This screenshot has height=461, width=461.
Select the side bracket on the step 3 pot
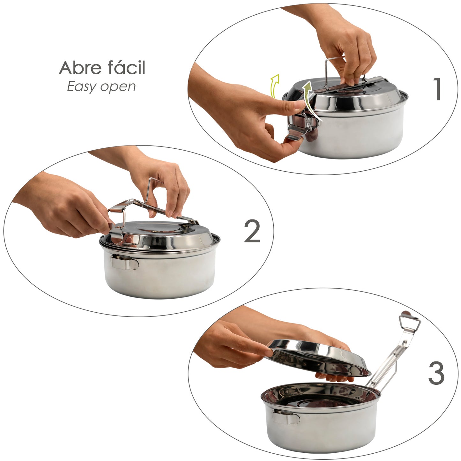click(x=286, y=417)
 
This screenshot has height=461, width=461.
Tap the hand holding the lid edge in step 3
click(x=230, y=346)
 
